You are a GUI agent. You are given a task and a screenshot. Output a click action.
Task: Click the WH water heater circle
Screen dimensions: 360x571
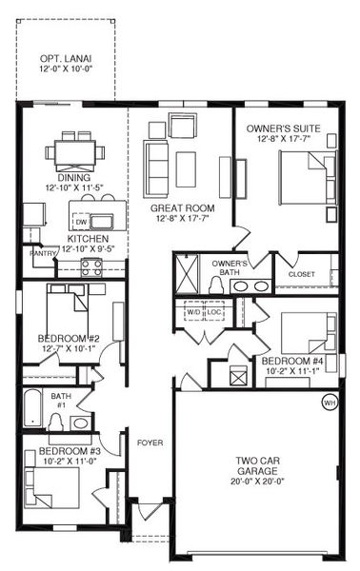[330, 403]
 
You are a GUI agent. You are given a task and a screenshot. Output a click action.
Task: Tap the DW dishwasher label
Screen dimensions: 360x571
[81, 222]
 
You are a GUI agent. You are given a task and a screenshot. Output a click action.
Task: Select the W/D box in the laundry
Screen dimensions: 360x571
[193, 311]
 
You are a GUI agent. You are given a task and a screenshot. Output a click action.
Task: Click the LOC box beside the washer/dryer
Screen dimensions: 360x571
[214, 311]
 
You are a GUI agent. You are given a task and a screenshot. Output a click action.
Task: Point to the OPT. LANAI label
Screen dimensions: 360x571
[66, 58]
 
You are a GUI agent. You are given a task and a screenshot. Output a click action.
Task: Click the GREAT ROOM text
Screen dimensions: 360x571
[183, 208]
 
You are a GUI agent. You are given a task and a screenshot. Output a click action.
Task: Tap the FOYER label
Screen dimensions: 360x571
[150, 443]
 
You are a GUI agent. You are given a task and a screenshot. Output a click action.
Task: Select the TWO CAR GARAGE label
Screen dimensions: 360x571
[257, 465]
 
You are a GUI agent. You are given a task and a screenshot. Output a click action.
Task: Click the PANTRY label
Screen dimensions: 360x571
[43, 253]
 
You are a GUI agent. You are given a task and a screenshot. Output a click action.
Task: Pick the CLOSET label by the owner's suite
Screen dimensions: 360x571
[302, 274]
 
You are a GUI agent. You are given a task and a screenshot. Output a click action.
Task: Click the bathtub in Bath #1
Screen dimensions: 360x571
[33, 408]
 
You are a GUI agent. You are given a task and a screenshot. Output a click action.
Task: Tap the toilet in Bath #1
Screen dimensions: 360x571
[56, 423]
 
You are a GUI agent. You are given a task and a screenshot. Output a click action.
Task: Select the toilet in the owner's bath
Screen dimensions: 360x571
[217, 285]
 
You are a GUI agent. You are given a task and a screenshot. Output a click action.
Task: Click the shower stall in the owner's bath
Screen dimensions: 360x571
[187, 273]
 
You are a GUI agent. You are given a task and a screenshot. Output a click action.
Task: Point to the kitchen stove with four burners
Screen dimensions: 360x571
[91, 266]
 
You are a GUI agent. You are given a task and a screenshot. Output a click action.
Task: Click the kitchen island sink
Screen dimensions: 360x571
[102, 222]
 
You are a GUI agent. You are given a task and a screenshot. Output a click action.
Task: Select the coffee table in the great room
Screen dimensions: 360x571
[186, 169]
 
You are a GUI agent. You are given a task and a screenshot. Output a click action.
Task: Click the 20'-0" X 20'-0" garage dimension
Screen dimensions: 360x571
[257, 481]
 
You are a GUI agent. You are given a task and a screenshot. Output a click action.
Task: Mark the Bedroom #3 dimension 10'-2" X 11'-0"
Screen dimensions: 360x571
[70, 461]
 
